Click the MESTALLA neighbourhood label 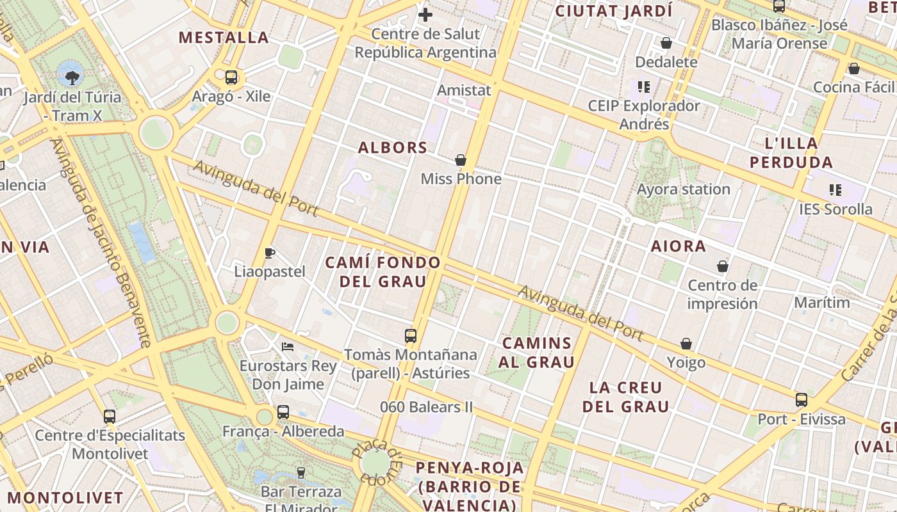[x=224, y=37]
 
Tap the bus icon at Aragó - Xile [x=231, y=77]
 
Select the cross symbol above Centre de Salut [x=425, y=14]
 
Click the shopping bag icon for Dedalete [x=666, y=43]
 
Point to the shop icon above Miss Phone [x=461, y=160]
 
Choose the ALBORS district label [x=393, y=147]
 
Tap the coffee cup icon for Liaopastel [x=270, y=253]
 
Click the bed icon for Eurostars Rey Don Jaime [x=288, y=347]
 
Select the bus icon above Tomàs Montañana [x=411, y=335]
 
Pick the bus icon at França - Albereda [x=283, y=412]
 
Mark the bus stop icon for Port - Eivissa [x=802, y=400]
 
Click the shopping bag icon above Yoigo [x=686, y=344]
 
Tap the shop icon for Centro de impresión [x=723, y=266]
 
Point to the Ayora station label [x=683, y=189]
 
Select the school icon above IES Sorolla [x=835, y=189]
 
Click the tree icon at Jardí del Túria [x=72, y=78]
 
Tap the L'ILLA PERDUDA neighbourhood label [x=791, y=152]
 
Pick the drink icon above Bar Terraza [x=301, y=473]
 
